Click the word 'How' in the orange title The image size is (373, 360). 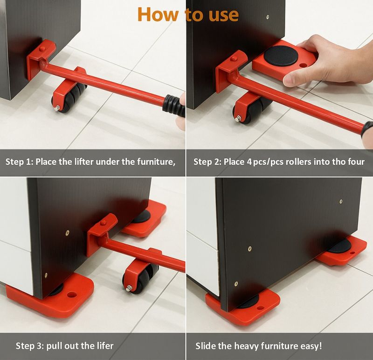tap(158, 14)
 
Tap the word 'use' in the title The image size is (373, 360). tap(224, 15)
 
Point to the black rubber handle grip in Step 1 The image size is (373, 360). tap(174, 105)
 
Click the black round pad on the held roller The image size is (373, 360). tap(281, 56)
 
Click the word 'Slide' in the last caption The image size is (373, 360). tap(205, 346)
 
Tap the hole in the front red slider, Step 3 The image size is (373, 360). tap(72, 295)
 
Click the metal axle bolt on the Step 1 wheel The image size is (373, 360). tap(57, 109)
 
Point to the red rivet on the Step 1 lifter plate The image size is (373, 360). tap(42, 49)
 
